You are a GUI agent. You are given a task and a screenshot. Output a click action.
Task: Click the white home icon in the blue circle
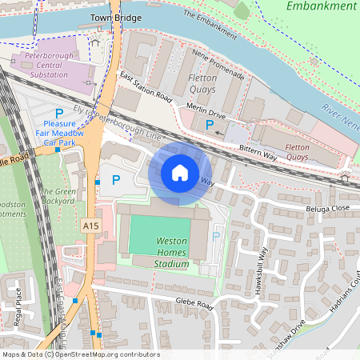[x=179, y=172]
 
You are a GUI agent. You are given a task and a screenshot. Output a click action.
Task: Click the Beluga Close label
[x=306, y=207]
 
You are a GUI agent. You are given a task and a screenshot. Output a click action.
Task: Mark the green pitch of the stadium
[x=161, y=235]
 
